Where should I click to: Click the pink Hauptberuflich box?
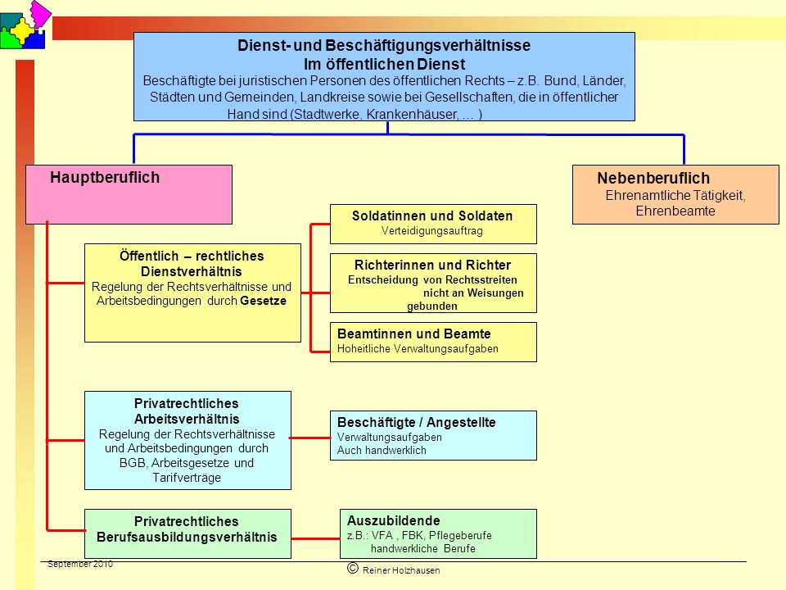(x=129, y=195)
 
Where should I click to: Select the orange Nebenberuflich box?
(x=675, y=195)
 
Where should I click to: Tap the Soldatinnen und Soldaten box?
(x=433, y=224)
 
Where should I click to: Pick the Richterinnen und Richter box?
(x=433, y=283)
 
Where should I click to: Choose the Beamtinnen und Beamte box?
(x=433, y=343)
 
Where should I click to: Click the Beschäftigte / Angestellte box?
(x=433, y=435)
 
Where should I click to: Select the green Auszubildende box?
(x=438, y=533)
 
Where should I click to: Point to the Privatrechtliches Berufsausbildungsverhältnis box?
(x=187, y=533)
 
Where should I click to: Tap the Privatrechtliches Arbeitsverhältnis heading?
(x=187, y=411)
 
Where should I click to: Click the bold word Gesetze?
(x=263, y=301)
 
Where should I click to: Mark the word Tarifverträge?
(x=187, y=478)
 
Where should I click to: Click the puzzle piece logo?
(x=25, y=25)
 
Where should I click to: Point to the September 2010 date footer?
(x=80, y=565)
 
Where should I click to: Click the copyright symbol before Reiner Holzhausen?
(x=353, y=568)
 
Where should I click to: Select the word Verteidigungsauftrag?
(x=432, y=231)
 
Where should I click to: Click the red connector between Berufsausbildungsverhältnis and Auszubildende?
(x=315, y=539)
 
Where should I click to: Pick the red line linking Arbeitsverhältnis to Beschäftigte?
(x=309, y=438)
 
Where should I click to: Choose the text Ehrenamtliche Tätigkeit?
(x=675, y=196)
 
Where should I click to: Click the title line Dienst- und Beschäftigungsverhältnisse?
(x=384, y=46)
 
